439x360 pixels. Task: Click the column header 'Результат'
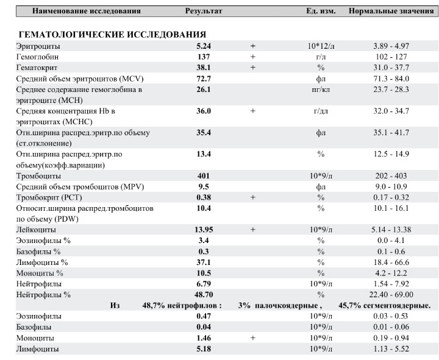click(x=204, y=11)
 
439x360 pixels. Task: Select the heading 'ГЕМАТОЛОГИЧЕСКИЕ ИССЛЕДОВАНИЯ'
click(x=112, y=35)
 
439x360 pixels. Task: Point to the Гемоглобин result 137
click(x=203, y=57)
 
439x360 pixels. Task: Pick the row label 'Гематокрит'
click(x=37, y=68)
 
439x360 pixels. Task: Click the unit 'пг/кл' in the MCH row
click(x=321, y=90)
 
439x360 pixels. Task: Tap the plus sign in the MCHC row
click(x=252, y=111)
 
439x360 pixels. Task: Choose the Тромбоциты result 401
click(x=203, y=176)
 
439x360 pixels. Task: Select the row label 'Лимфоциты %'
click(x=42, y=263)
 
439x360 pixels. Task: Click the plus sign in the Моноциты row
click(x=252, y=337)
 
